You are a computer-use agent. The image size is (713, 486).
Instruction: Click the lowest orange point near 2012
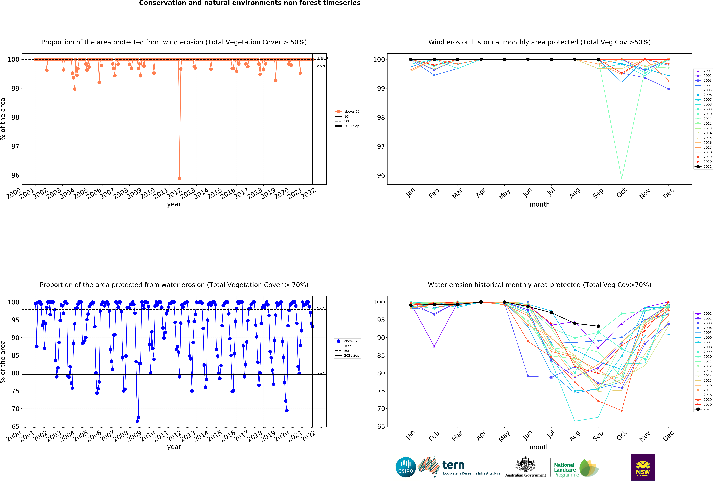pyautogui.click(x=179, y=179)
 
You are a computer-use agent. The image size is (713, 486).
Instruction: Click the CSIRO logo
pyautogui.click(x=406, y=467)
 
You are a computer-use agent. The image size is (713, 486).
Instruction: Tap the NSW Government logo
pyautogui.click(x=643, y=467)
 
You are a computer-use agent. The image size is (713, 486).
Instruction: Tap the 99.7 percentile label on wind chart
pyautogui.click(x=321, y=67)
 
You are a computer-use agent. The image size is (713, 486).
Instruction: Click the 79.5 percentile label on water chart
pyautogui.click(x=321, y=373)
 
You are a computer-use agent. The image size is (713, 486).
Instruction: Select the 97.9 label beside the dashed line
pyautogui.click(x=321, y=308)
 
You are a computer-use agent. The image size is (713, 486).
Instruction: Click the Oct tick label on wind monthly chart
pyautogui.click(x=621, y=193)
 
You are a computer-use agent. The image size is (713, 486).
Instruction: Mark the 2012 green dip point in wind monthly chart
pyautogui.click(x=622, y=178)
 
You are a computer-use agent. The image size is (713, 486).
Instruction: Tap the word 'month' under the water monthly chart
pyautogui.click(x=539, y=447)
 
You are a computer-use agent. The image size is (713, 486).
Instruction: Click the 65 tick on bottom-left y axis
pyautogui.click(x=15, y=427)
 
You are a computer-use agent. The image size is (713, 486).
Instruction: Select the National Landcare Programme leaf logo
pyautogui.click(x=588, y=468)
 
